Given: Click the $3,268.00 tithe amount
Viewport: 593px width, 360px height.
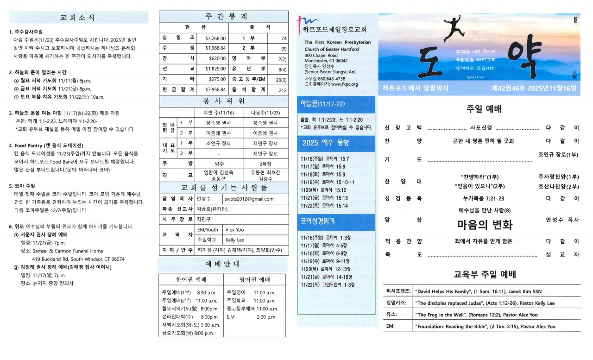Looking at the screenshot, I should [215, 38].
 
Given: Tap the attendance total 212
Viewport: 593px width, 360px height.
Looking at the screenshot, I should [283, 89].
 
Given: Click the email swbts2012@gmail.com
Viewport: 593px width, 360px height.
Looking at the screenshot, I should [249, 199].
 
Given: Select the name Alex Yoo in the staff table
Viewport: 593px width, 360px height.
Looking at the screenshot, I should [234, 229].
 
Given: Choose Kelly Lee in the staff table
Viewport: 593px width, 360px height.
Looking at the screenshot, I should [235, 240].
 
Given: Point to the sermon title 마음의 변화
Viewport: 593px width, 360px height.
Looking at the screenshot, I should [484, 225].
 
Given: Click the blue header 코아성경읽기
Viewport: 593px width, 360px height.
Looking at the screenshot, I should [318, 221].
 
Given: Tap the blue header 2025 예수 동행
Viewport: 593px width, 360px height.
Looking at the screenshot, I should [326, 142].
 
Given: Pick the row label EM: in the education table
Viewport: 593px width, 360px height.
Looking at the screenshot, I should [391, 326].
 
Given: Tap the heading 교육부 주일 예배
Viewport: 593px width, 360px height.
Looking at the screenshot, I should [484, 274].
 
